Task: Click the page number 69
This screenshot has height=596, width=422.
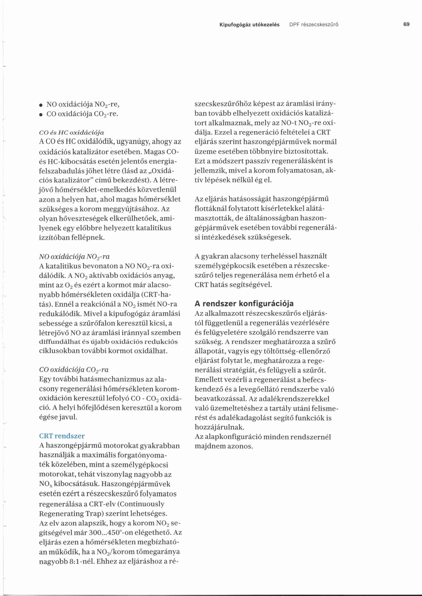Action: pyautogui.click(x=406, y=24)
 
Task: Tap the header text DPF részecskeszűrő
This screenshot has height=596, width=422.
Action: pyautogui.click(x=314, y=25)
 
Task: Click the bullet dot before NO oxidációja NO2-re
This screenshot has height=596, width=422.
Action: pyautogui.click(x=41, y=105)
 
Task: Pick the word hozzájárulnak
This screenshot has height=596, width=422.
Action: pyautogui.click(x=220, y=427)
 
